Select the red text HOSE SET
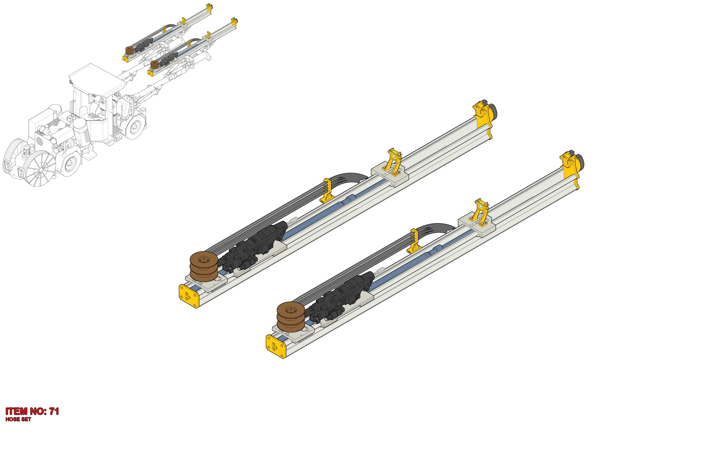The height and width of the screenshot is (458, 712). tap(18, 419)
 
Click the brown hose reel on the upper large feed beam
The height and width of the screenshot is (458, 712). tap(204, 266)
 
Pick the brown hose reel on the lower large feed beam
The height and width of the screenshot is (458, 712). tap(291, 317)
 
